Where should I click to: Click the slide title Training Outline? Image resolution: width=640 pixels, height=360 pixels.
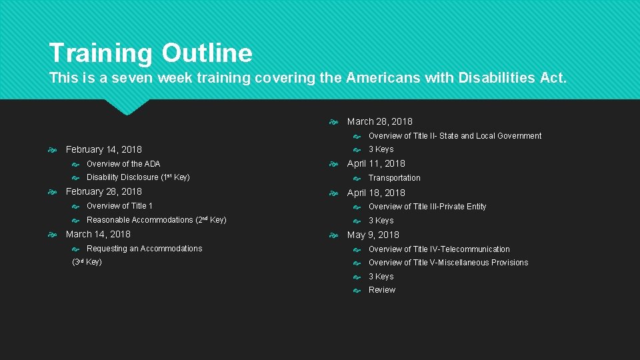pyautogui.click(x=151, y=53)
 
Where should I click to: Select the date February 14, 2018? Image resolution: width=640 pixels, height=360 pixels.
pyautogui.click(x=103, y=149)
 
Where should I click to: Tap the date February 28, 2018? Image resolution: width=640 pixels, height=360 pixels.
pyautogui.click(x=103, y=191)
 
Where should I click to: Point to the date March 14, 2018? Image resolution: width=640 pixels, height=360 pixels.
pyautogui.click(x=98, y=234)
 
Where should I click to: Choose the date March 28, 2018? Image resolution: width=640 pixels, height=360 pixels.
pyautogui.click(x=379, y=121)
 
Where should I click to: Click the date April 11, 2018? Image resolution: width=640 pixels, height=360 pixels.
pyautogui.click(x=376, y=163)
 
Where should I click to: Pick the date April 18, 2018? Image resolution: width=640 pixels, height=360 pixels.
pyautogui.click(x=376, y=193)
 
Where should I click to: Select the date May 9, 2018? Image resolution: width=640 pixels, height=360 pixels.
pyautogui.click(x=373, y=235)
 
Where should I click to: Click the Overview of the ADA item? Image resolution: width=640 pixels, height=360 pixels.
pyautogui.click(x=123, y=164)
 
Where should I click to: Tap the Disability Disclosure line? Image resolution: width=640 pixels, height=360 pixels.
pyautogui.click(x=138, y=177)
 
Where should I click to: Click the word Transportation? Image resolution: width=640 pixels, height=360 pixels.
pyautogui.click(x=394, y=178)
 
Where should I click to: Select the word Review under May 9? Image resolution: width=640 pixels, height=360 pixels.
pyautogui.click(x=382, y=290)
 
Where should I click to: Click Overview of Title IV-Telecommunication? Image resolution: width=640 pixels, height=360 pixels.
pyautogui.click(x=439, y=249)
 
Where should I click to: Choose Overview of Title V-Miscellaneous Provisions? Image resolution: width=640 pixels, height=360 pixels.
pyautogui.click(x=448, y=263)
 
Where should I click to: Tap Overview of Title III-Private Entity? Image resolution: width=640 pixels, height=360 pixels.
pyautogui.click(x=427, y=207)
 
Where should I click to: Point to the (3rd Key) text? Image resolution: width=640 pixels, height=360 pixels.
pyautogui.click(x=87, y=262)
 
